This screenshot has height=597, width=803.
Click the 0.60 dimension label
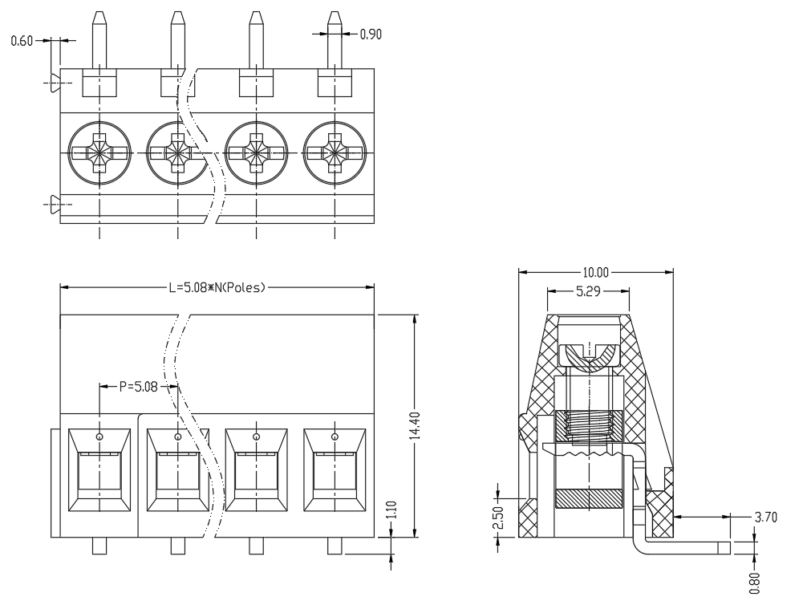coord(22,40)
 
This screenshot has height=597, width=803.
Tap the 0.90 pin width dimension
coord(371,35)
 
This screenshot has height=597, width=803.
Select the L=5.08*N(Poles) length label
coord(217,287)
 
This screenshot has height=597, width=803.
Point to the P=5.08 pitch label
coord(138,387)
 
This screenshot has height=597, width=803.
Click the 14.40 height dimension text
coord(415,425)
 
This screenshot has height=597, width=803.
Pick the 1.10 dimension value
coord(391,510)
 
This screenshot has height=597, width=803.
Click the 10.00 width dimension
coord(595,272)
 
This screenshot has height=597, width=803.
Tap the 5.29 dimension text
coord(588,291)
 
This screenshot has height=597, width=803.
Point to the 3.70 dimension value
coord(765,517)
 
